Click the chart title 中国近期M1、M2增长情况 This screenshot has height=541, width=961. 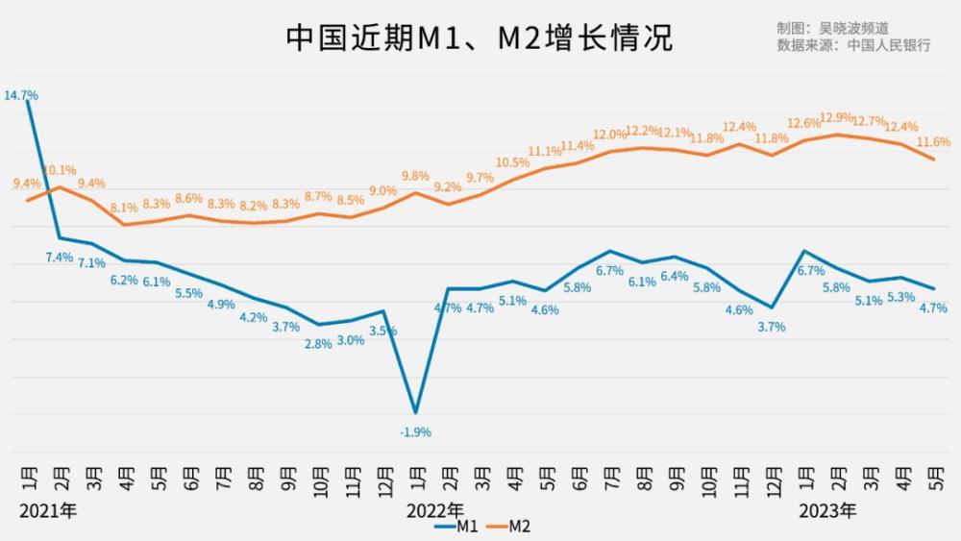click(x=480, y=38)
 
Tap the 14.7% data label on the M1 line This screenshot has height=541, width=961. click(x=21, y=95)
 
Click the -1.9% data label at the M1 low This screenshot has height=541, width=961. click(x=415, y=432)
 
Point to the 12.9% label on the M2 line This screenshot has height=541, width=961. click(x=836, y=117)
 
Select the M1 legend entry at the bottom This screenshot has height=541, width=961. click(x=457, y=526)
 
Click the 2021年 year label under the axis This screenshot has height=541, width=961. click(x=47, y=509)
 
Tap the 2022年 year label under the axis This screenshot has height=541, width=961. click(x=435, y=509)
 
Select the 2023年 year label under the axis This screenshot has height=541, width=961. click(x=827, y=509)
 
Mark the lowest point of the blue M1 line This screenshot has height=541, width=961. click(x=415, y=412)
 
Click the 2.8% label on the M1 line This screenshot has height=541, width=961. click(x=318, y=343)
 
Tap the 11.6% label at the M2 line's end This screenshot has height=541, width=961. click(x=933, y=142)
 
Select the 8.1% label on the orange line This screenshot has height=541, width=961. click(x=124, y=207)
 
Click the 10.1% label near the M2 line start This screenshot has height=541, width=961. click(x=60, y=171)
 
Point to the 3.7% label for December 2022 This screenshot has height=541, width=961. click(x=771, y=327)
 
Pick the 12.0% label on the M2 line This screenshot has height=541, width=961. click(x=609, y=135)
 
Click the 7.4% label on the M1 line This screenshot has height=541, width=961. click(x=60, y=257)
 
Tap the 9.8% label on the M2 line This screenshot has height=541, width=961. click(x=415, y=176)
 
